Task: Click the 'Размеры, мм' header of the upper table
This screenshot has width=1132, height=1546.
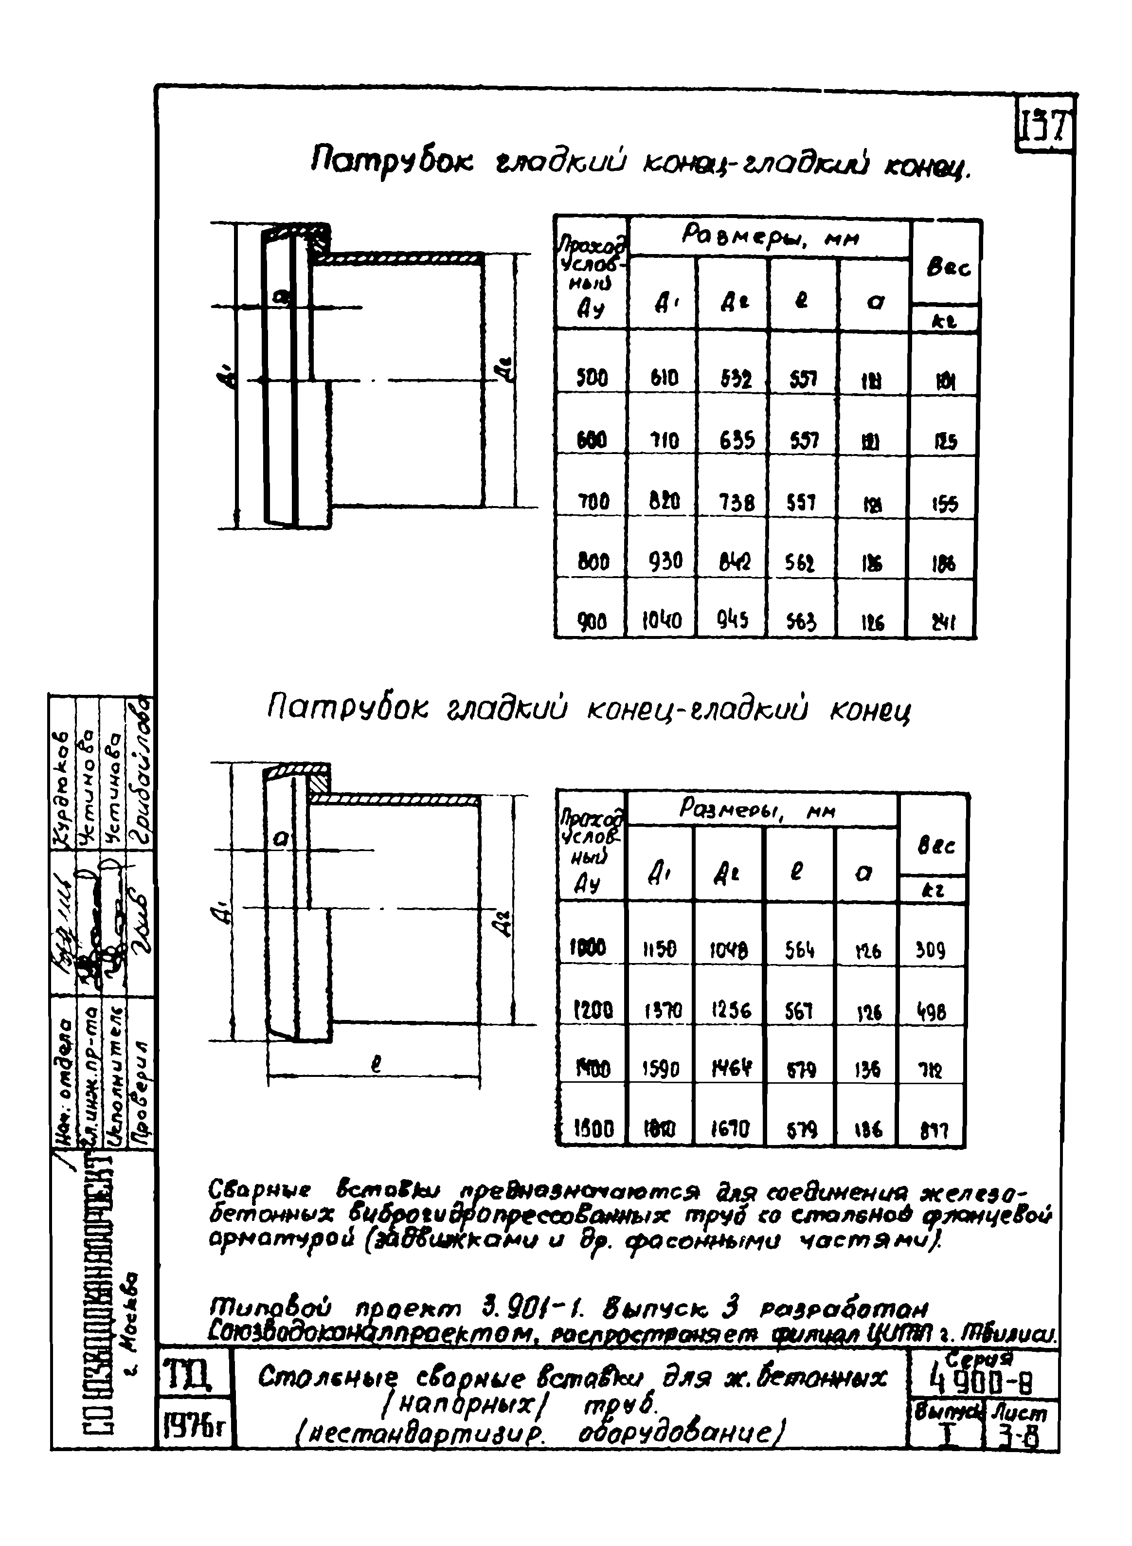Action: point(770,238)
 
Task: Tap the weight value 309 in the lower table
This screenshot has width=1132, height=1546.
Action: point(931,950)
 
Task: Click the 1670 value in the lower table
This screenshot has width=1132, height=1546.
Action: point(730,1128)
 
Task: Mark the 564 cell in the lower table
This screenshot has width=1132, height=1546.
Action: point(798,950)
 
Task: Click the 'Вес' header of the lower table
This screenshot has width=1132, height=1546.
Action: point(934,847)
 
